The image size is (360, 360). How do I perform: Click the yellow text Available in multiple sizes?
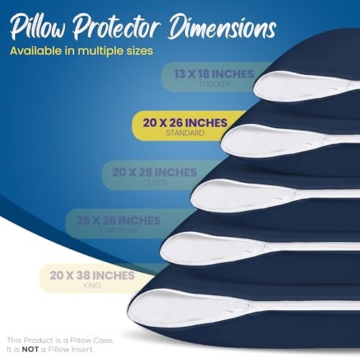tap(81, 52)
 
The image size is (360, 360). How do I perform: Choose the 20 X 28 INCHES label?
tap(154, 172)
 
